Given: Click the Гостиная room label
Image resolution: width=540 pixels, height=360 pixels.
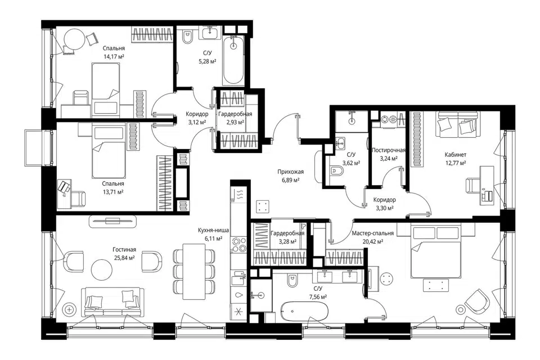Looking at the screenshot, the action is coord(124,249).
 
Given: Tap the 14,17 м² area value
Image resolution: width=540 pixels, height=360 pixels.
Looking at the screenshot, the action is coord(114,57).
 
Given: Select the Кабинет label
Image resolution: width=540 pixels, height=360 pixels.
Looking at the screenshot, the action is coord(455,155).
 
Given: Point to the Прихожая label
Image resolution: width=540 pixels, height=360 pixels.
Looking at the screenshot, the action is coord(291,172).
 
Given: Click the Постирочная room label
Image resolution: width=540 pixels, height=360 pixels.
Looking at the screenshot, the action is coord(389,150).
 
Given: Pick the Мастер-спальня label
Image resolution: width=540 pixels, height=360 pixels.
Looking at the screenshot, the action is coord(372,233).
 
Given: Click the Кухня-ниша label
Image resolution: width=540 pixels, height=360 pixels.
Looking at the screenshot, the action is coord(213,230).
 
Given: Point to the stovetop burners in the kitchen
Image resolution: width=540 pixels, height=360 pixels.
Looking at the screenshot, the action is coord(238,244).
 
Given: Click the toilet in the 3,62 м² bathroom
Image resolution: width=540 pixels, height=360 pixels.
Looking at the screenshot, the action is coord(336,171).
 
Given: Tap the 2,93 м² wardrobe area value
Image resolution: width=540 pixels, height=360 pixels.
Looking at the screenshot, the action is coord(235,122).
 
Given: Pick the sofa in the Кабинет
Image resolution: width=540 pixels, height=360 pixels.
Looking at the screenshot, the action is coord(455,124).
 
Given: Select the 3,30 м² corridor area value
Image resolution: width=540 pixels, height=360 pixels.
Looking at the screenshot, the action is coord(385,208).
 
